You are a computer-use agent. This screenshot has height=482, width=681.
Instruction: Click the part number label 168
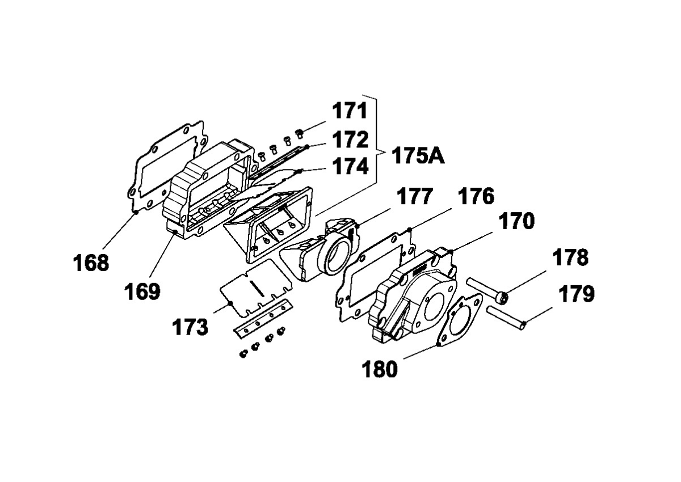pos(91,263)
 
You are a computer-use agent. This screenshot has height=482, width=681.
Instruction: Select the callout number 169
pos(142,291)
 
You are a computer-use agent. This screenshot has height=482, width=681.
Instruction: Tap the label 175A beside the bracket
pos(418,156)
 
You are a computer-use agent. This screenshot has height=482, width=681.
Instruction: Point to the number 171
pos(350,111)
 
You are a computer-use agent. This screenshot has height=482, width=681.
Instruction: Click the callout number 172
pos(350,139)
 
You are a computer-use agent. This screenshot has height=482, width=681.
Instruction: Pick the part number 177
pos(415,197)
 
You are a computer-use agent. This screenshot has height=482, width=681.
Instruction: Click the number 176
pos(476,197)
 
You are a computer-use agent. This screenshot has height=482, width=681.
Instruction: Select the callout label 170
pos(516,221)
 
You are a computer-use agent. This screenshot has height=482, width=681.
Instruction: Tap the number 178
pos(570,258)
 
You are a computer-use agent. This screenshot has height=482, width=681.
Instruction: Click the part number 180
pos(380,369)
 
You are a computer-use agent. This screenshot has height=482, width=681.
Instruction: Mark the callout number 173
pos(190,327)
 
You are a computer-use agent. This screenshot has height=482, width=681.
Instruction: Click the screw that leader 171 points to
pos(300,133)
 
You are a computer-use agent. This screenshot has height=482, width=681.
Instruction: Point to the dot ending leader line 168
pos(137,212)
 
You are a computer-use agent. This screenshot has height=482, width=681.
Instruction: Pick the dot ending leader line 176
pos(410,229)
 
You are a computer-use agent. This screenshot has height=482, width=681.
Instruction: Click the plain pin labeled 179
pos(506,318)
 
